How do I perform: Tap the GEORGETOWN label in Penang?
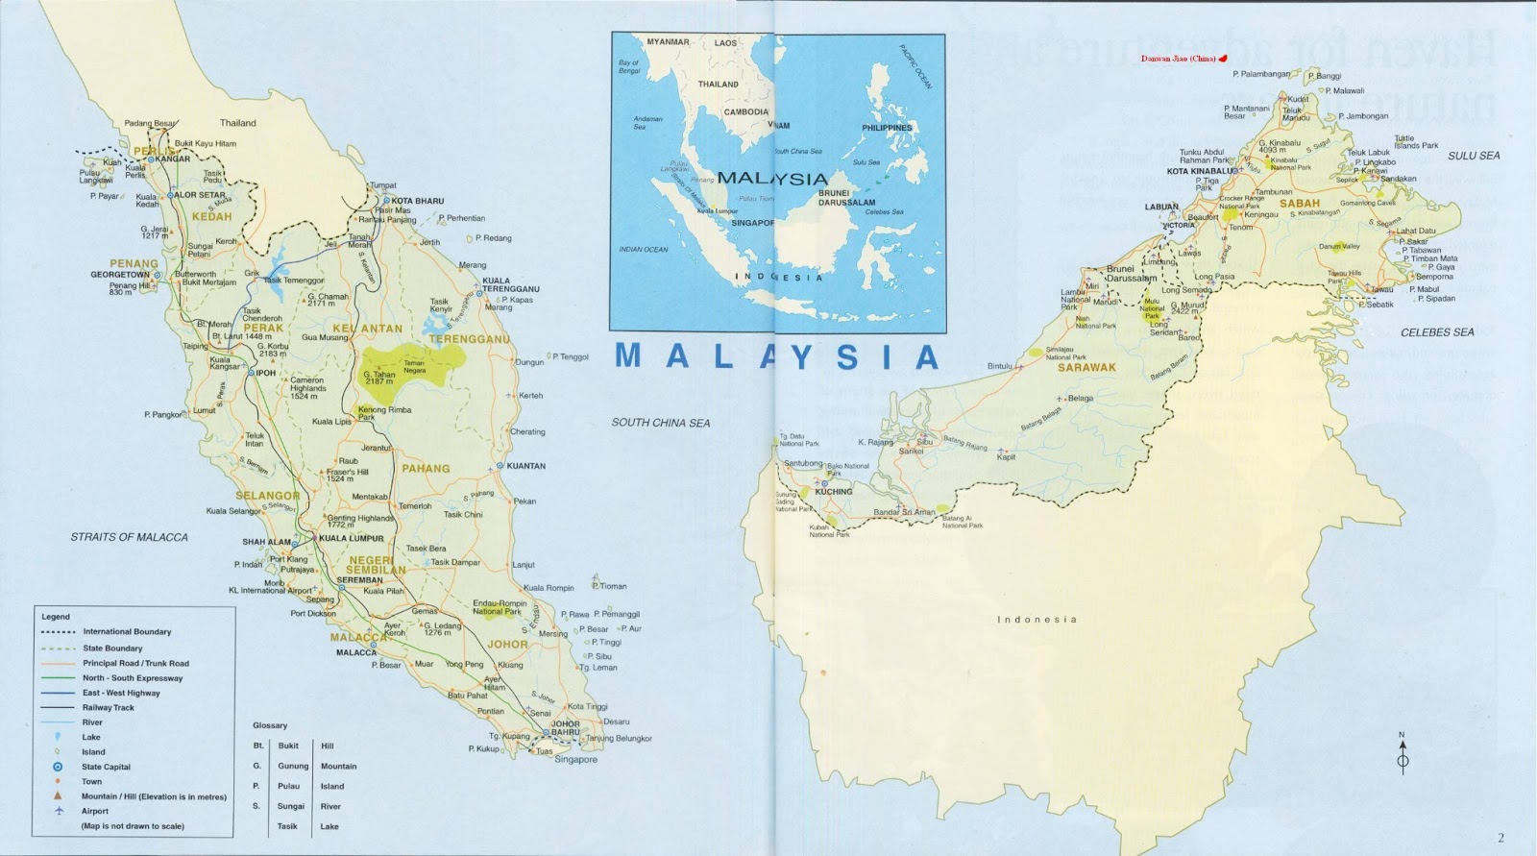tap(120, 275)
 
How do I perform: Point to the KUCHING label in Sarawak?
tap(833, 492)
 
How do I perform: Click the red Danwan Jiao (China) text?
tap(1178, 59)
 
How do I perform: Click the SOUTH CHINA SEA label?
tap(661, 423)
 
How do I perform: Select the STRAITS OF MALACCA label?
tap(130, 537)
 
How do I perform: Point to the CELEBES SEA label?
tap(1437, 332)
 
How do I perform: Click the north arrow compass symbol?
tap(1402, 755)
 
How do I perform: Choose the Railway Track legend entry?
tap(109, 707)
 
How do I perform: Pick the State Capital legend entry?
tap(106, 767)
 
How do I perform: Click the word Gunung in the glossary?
tap(293, 766)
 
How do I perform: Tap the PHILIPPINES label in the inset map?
tap(886, 128)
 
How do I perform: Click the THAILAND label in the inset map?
tap(718, 85)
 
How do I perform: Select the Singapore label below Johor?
tap(575, 759)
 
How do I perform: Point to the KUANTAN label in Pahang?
tap(525, 466)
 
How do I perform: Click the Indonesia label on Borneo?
tap(1037, 620)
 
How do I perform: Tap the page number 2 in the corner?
tap(1501, 838)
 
